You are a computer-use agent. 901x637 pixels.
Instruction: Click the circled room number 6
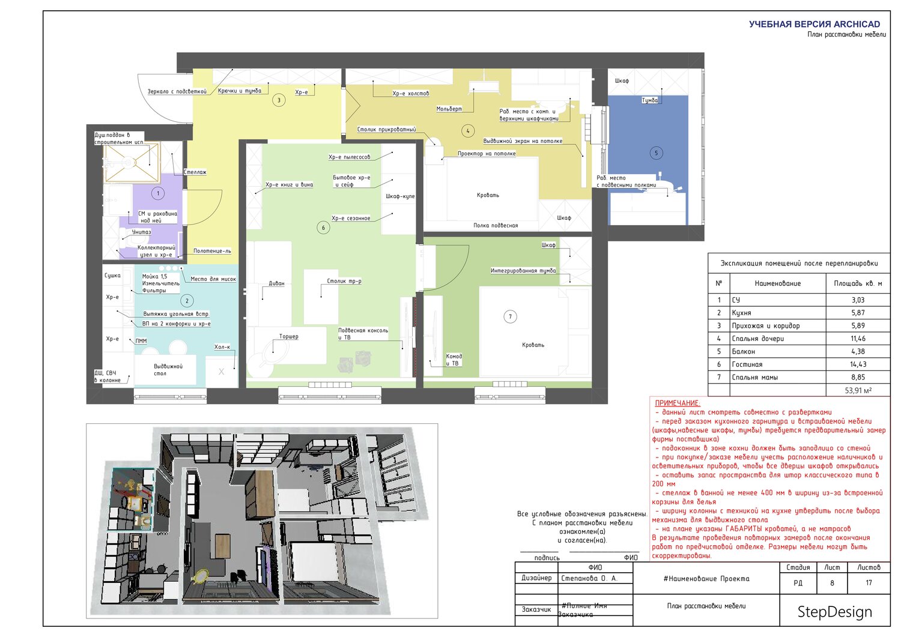[x=323, y=228]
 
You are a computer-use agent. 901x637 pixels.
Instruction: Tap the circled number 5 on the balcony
[x=656, y=153]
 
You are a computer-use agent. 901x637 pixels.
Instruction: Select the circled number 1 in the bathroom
[x=158, y=193]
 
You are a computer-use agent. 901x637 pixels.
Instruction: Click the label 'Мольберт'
[x=449, y=109]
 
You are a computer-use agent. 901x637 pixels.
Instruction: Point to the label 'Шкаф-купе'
[x=400, y=196]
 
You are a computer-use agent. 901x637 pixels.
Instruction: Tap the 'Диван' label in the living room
[x=276, y=283]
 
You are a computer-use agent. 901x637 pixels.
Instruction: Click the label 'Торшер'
[x=289, y=337]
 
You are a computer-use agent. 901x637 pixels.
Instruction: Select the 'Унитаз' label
[x=142, y=232]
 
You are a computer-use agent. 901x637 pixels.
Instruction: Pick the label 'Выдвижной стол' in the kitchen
[x=168, y=370]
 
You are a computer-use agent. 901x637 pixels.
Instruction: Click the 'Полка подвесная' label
[x=496, y=226]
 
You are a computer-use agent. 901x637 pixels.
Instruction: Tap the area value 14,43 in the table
[x=858, y=364]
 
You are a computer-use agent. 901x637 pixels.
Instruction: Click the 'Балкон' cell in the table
[x=744, y=351]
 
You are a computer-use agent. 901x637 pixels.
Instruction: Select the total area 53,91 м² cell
[x=858, y=390]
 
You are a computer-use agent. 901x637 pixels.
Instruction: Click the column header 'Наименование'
[x=777, y=283]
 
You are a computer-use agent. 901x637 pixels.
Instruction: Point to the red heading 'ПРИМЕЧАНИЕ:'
[x=678, y=403]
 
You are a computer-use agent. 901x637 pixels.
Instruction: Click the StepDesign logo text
[x=835, y=612]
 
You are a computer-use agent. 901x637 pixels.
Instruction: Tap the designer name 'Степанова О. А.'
[x=589, y=578]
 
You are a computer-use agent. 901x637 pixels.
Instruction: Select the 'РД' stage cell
[x=798, y=583]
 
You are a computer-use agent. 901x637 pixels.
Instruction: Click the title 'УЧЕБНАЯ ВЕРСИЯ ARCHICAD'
[x=815, y=24]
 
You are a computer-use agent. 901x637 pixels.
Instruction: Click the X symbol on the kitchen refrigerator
[x=221, y=372]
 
